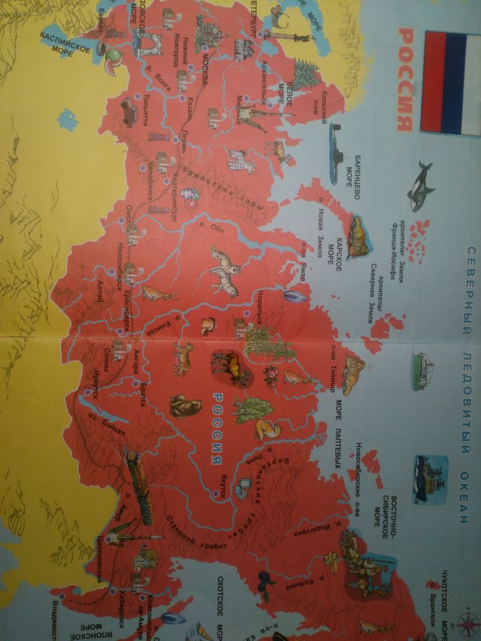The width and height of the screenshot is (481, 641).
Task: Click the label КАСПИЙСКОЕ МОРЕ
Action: click(x=64, y=44)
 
